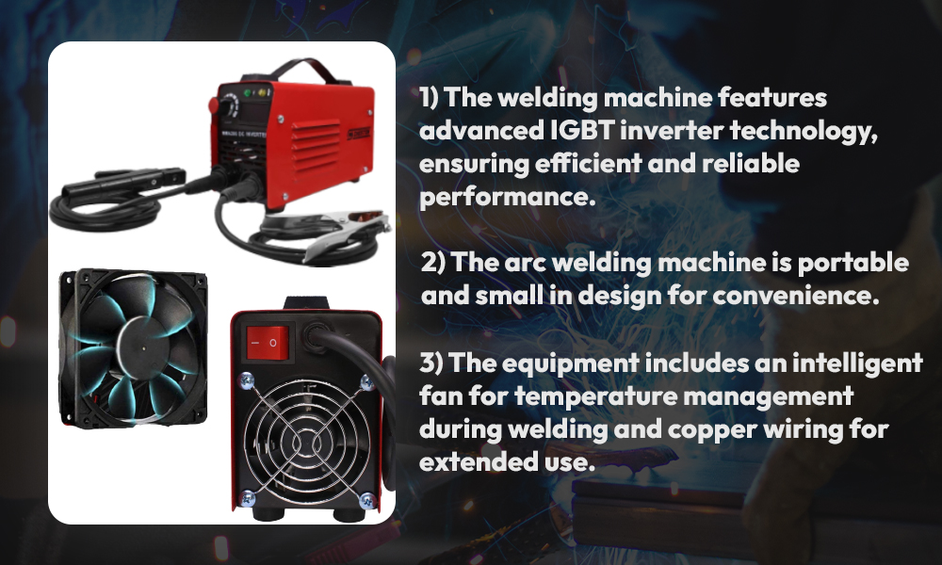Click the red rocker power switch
pos(268,344)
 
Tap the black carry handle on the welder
pos(306,69)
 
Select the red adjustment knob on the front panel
pos(214,105)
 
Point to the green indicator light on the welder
pos(246,93)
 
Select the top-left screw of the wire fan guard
pos(246,379)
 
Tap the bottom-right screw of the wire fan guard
pos(367,499)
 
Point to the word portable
pos(853,263)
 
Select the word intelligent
pos(857,363)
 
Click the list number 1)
pos(429,97)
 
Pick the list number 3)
pos(431,363)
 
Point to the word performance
pos(508,197)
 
